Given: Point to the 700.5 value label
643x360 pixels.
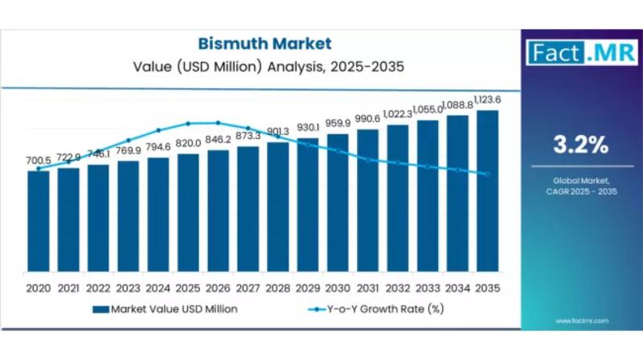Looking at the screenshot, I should point(38,161).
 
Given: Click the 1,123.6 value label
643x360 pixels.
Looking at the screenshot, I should point(487,100).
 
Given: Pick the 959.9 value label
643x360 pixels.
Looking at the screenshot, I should point(338,124).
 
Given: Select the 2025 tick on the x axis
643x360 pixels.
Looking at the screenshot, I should point(188,287).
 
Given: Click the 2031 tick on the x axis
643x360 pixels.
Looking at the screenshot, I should point(367,287).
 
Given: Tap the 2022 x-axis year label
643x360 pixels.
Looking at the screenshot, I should point(98,287).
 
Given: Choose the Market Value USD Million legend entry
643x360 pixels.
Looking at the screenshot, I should point(165,308).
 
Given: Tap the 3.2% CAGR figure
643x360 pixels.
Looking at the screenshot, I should point(580,145).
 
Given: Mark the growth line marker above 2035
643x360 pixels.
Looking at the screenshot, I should point(487,174).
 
